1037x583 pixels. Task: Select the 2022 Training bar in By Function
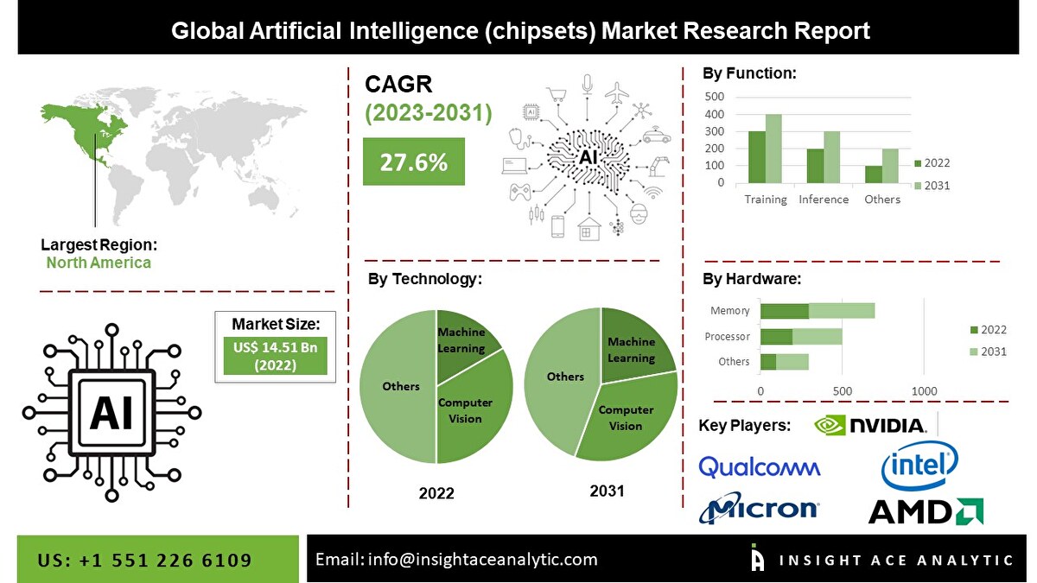756,157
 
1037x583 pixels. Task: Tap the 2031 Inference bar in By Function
831,157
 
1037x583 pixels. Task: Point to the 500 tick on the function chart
715,96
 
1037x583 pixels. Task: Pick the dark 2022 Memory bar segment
785,311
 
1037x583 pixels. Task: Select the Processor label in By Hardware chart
727,336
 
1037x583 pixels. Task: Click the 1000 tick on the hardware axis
924,391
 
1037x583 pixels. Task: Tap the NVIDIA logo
870,425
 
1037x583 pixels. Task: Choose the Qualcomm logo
759,467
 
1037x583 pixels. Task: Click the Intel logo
919,466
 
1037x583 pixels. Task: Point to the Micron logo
760,510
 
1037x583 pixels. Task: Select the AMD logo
926,511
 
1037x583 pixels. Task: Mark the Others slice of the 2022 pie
399,386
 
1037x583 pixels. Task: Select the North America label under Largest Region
99,263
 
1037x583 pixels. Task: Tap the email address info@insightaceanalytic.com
482,559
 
